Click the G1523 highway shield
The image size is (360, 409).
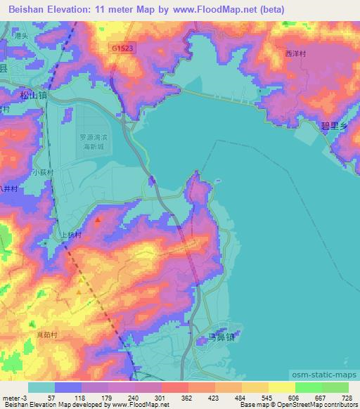point(122,46)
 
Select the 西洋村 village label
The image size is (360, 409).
point(297,53)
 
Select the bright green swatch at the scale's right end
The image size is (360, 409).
point(335,387)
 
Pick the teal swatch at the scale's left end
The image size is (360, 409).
point(41,387)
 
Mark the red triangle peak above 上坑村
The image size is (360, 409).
point(97,220)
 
